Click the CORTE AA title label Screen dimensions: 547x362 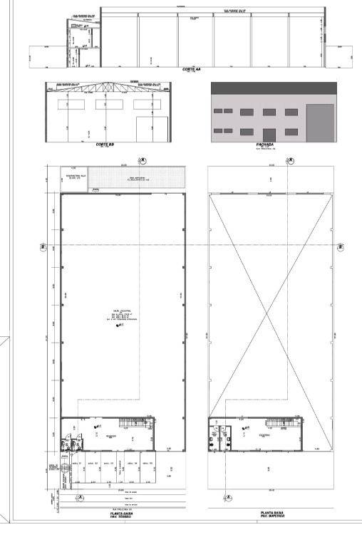coord(191,69)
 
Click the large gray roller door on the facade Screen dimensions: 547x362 coord(319,123)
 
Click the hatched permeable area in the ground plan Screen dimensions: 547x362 coord(136,178)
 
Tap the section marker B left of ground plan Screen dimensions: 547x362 coord(42,246)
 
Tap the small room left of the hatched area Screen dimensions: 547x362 coord(74,178)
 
